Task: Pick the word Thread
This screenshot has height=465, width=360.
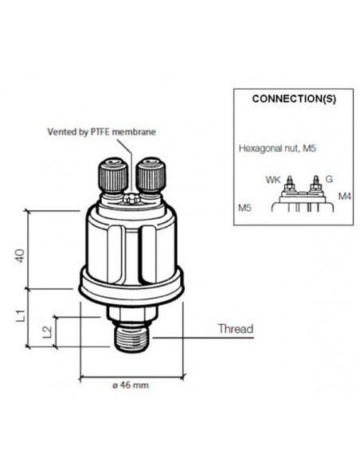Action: point(235,328)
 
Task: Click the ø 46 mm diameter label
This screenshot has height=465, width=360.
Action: point(131,385)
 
